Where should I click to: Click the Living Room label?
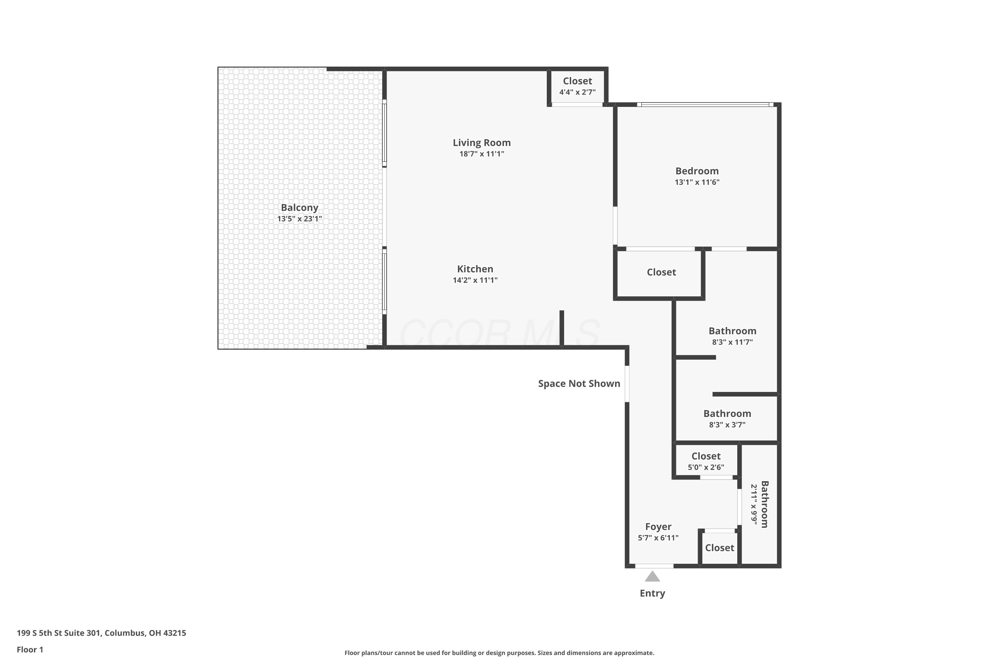tap(481, 143)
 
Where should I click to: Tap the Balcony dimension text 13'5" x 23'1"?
tap(299, 219)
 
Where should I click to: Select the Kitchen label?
tap(475, 269)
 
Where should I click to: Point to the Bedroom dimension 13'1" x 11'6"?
tap(697, 182)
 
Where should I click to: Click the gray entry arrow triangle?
tap(652, 576)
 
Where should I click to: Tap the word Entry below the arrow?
tap(652, 593)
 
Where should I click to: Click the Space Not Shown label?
tap(579, 384)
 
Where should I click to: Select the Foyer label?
tap(658, 527)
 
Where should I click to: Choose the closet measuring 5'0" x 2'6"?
tap(706, 461)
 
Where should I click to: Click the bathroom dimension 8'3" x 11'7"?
tap(732, 342)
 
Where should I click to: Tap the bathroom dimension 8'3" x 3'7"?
tap(727, 425)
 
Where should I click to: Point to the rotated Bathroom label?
tap(765, 504)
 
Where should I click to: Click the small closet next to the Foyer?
tap(720, 548)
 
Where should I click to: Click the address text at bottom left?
tap(102, 633)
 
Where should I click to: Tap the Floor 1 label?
tap(30, 649)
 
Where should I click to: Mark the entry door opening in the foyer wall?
tap(654, 566)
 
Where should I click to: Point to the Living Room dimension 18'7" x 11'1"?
tap(481, 154)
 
